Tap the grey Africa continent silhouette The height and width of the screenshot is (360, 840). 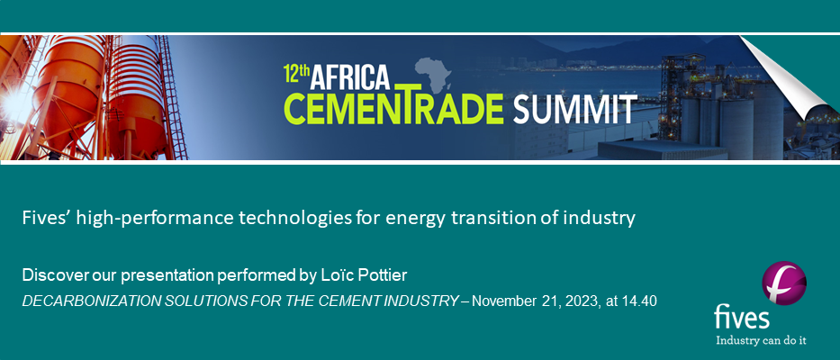click(x=433, y=74)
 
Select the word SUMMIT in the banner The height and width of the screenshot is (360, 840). click(x=574, y=109)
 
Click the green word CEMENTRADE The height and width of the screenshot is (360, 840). click(x=393, y=107)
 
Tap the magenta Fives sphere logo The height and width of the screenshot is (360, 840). click(x=784, y=283)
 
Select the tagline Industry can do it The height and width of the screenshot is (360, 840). click(x=762, y=340)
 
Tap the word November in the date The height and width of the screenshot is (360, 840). click(x=502, y=301)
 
